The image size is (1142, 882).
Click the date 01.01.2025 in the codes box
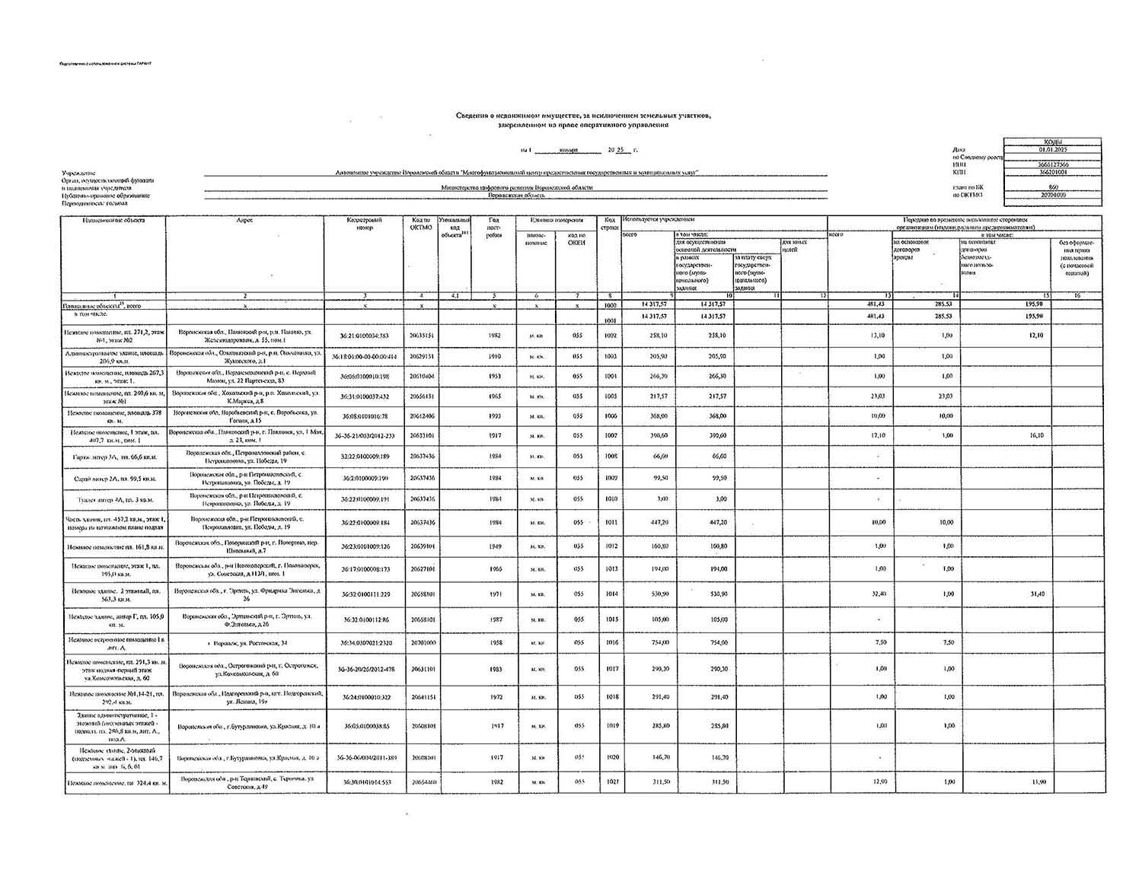coord(1052,149)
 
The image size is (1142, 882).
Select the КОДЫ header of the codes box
coord(1052,142)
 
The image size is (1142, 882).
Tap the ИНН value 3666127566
coord(1052,164)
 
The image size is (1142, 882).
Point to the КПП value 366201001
coord(1052,172)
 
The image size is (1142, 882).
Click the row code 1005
coord(609,396)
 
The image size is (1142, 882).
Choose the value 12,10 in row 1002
coord(1034,335)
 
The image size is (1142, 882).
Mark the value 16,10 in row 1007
coord(1034,435)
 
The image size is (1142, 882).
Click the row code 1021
coord(609,782)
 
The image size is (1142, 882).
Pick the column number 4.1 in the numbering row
coord(455,295)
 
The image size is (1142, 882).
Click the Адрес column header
coord(244,220)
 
